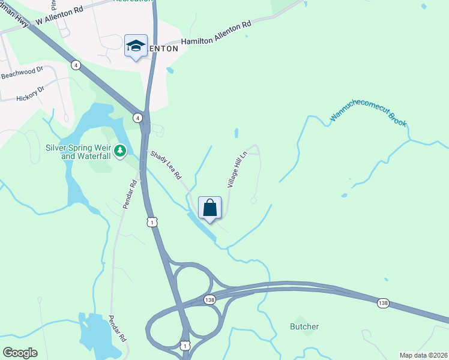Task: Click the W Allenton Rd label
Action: point(59,16)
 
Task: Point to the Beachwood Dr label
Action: point(22,73)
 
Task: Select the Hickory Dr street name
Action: point(31,94)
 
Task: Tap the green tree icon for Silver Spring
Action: point(121,149)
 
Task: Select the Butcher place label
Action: point(304,327)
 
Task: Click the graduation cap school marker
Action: point(136,46)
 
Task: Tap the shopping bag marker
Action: point(210,208)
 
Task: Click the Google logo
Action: point(20,353)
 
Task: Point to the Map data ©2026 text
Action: point(423,355)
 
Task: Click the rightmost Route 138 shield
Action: point(384,303)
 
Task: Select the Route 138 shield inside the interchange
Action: point(209,299)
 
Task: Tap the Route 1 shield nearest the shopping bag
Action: point(153,222)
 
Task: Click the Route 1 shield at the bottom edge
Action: point(185,345)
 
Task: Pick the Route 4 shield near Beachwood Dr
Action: point(76,65)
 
